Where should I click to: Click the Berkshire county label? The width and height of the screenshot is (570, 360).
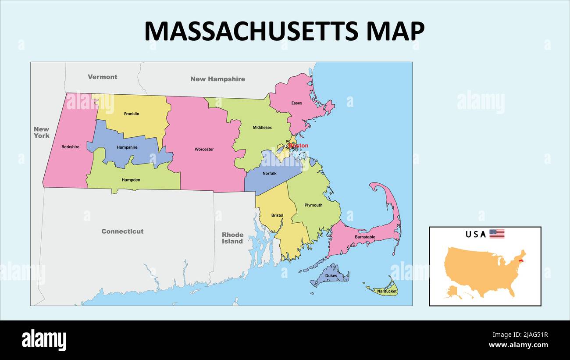pos(70,147)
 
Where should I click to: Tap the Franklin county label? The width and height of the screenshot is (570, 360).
pos(132,114)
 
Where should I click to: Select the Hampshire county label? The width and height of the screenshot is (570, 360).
pos(127,147)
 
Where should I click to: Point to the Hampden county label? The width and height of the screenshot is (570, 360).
pos(131,180)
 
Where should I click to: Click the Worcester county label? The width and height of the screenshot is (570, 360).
pos(204,150)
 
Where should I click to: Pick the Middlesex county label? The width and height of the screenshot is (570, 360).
pos(262,128)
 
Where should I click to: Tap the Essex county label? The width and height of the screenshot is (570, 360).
pos(297,103)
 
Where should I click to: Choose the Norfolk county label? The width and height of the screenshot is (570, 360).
pos(270,174)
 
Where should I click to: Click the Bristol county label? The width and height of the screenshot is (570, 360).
pos(277,215)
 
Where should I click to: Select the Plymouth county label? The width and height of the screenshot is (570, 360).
pos(313,205)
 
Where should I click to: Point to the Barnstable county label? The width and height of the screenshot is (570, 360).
pos(365,237)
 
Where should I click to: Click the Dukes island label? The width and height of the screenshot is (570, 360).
pos(331,276)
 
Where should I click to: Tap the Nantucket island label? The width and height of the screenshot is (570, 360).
pos(387,291)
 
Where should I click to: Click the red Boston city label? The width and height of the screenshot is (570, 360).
pos(299,145)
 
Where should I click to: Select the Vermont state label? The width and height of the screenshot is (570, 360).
pos(102,77)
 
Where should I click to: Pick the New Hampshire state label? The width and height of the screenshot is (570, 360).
pos(217,79)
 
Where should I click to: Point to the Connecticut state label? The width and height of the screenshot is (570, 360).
pos(122,231)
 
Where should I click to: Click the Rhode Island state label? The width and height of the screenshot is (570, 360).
pos(232,238)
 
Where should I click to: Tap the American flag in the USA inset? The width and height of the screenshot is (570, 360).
pos(497,234)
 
